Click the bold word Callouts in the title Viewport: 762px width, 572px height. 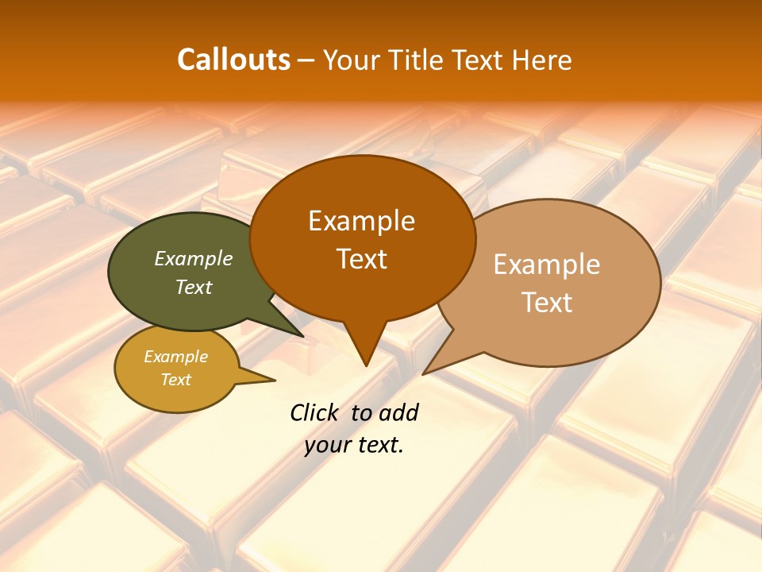point(233,60)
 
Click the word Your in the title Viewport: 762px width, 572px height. point(355,60)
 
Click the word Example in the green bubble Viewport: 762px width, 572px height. point(194,258)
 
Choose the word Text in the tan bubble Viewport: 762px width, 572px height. point(547,302)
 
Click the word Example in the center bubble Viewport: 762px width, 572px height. point(362,221)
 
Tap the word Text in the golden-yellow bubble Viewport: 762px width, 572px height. point(176,380)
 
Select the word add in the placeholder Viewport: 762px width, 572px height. point(398,412)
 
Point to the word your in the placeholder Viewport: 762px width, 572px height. point(327,446)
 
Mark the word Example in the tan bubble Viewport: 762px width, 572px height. point(547,265)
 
